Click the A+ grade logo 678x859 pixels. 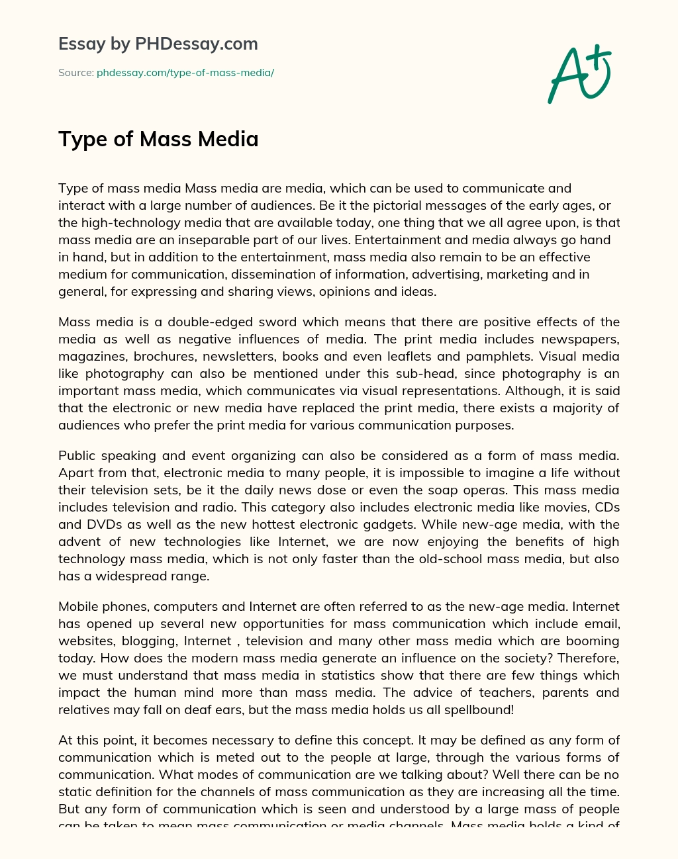(x=579, y=74)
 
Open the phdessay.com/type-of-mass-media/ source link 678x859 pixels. (x=185, y=73)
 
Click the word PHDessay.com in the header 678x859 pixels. (x=197, y=44)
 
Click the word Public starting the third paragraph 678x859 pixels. (x=77, y=456)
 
